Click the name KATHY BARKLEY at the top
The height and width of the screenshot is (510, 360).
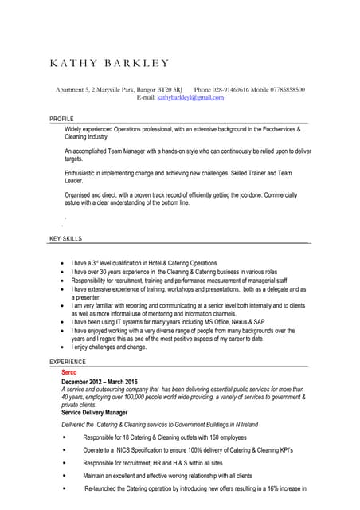[109, 63]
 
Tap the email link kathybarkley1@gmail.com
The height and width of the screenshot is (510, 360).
[190, 97]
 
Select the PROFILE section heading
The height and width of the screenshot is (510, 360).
[61, 119]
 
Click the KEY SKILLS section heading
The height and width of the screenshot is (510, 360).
[65, 238]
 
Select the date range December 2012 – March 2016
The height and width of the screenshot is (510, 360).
[100, 382]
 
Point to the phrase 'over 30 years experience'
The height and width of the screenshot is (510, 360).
[123, 271]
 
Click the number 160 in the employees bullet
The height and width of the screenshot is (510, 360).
[215, 437]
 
